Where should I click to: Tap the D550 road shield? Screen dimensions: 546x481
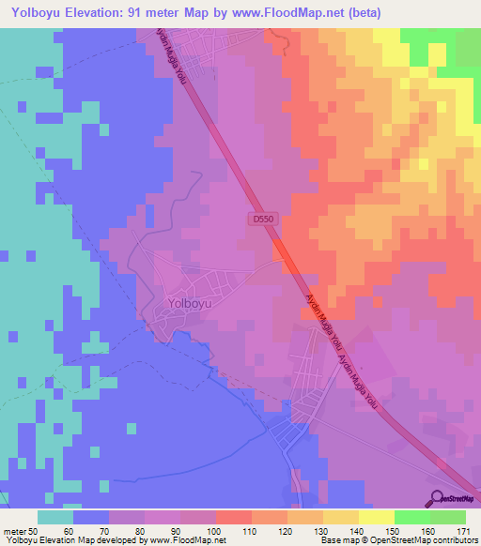click(x=264, y=219)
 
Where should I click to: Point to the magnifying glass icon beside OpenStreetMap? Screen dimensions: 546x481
click(x=435, y=497)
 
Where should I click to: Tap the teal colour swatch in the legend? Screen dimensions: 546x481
click(x=55, y=517)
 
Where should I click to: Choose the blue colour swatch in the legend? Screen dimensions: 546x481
click(x=91, y=517)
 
